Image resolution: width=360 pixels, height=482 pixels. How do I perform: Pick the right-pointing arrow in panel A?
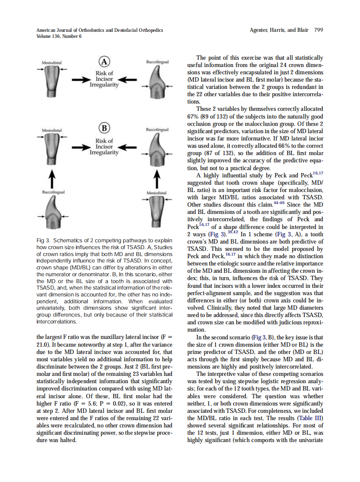[79, 79]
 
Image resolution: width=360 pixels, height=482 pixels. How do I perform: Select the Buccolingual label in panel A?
[157, 62]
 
